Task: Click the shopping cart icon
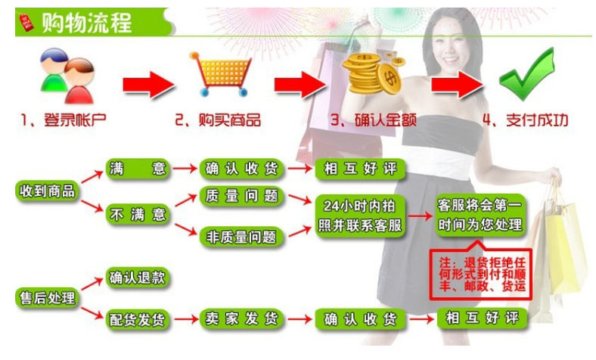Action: click(220, 74)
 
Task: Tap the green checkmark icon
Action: click(526, 76)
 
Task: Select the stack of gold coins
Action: click(371, 74)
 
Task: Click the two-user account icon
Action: click(67, 76)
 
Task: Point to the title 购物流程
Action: click(87, 23)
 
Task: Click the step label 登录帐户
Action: click(75, 120)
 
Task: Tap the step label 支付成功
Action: click(537, 120)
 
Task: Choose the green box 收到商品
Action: click(47, 191)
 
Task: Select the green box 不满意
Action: click(138, 215)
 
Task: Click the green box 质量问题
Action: click(242, 196)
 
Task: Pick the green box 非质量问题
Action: click(242, 237)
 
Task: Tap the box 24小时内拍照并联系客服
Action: click(360, 216)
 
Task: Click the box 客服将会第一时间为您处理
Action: click(480, 215)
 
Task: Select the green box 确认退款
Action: click(138, 278)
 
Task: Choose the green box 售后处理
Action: click(47, 298)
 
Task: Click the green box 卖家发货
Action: click(242, 318)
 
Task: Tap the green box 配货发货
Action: click(138, 319)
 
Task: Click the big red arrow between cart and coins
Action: click(300, 85)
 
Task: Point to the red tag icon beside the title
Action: click(26, 22)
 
